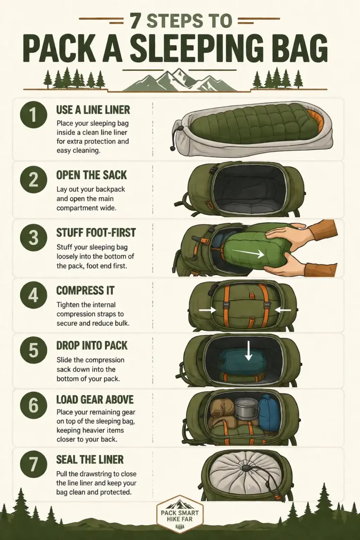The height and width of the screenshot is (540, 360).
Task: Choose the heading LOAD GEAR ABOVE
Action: (95, 399)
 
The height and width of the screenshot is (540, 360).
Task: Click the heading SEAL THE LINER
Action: (90, 459)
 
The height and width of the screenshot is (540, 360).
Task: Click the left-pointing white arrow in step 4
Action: (283, 310)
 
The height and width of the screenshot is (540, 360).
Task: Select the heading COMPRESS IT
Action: (85, 291)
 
